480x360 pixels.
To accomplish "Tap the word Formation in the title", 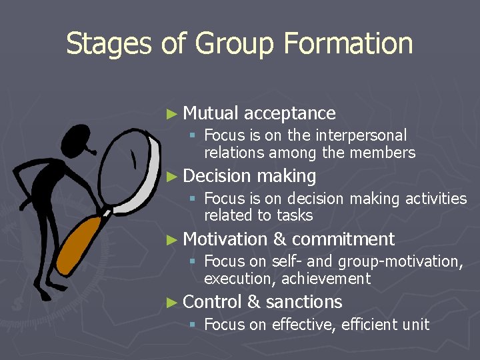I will [x=348, y=44].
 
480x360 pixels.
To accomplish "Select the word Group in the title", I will [x=234, y=44].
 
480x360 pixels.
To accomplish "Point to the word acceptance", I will [x=290, y=113].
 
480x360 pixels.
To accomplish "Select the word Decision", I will [x=216, y=176].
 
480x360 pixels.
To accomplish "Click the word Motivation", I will [x=225, y=239].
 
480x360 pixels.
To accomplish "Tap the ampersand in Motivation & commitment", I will [x=279, y=239].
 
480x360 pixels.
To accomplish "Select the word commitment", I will [x=343, y=239].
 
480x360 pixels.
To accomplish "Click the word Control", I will [x=212, y=302].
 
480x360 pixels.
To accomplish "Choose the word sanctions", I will [x=304, y=302].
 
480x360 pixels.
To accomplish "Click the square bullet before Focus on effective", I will [x=192, y=325].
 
